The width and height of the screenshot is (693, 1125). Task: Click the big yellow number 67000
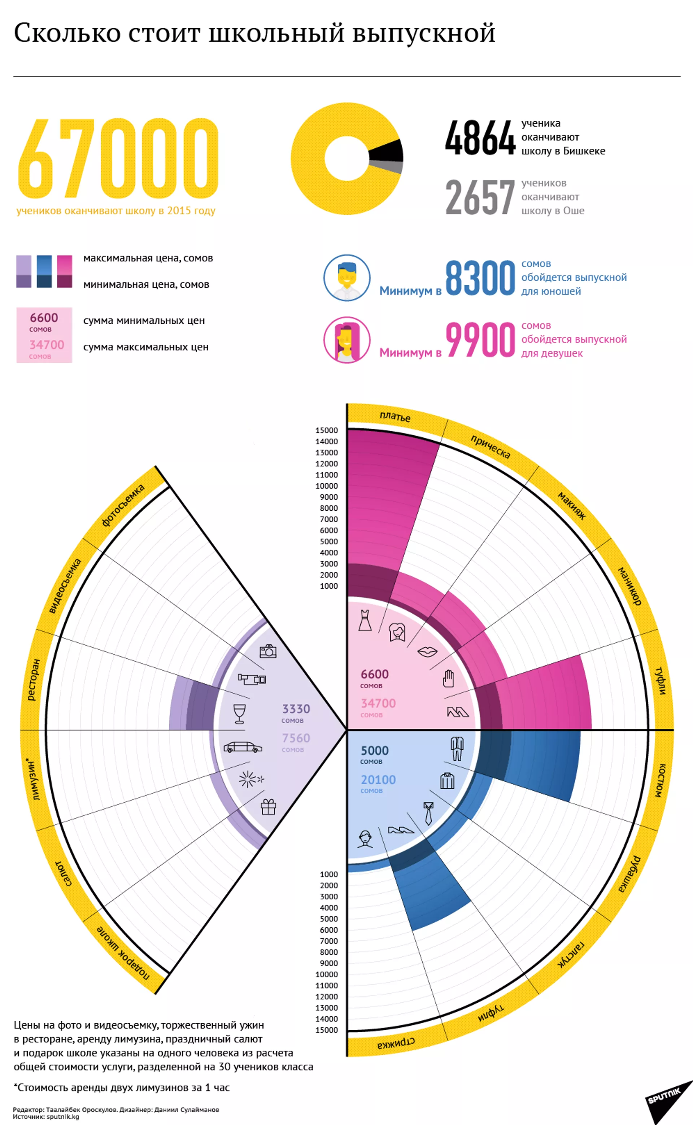point(118,158)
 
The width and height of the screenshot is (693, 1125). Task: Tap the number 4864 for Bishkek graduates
point(480,138)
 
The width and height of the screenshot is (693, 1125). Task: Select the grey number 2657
point(480,197)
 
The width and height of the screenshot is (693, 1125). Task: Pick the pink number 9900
point(480,340)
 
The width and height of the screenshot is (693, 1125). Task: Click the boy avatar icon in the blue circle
point(347,278)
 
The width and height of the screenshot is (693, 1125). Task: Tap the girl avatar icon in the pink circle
point(347,340)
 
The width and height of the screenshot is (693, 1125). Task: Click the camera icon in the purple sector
point(268,651)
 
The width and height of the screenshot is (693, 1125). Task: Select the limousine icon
point(243,747)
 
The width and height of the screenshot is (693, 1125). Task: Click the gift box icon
point(269,807)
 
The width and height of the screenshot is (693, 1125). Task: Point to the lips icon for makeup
point(427,651)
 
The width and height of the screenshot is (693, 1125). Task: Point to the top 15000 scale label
point(326,430)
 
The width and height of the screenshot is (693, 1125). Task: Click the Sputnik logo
point(665,1095)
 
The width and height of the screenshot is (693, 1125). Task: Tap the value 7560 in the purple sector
point(296,738)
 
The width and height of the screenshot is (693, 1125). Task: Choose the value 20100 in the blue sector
point(378,780)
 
